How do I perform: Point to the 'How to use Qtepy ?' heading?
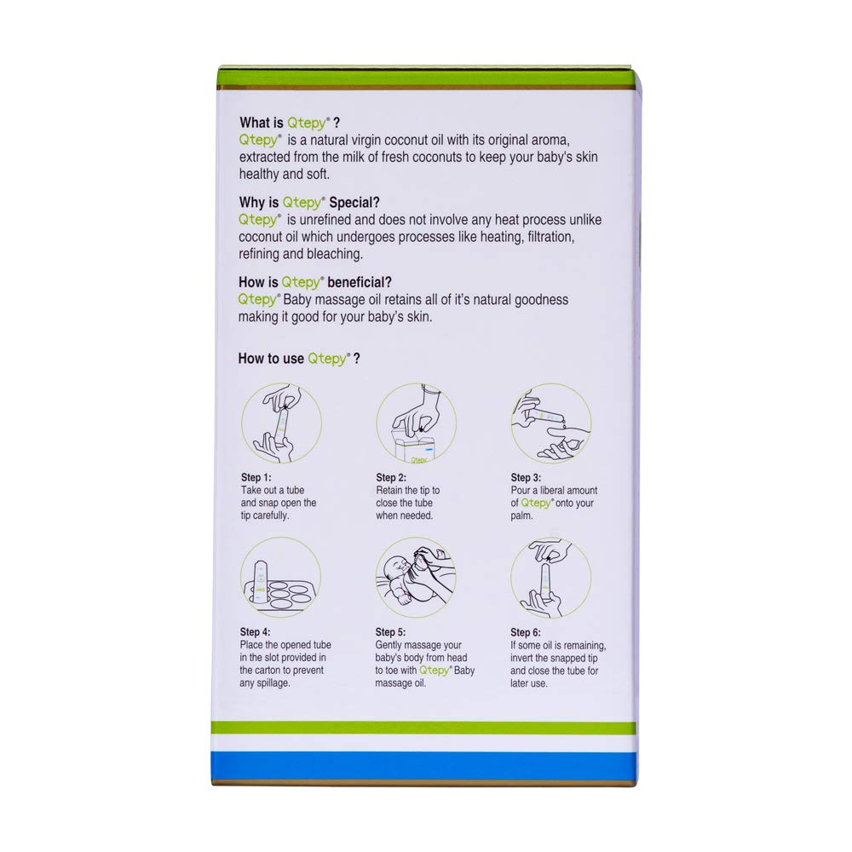[x=299, y=359]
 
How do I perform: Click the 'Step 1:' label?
[x=256, y=478]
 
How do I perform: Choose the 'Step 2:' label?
[x=391, y=478]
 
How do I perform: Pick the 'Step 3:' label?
[x=526, y=478]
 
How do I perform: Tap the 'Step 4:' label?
[x=256, y=632]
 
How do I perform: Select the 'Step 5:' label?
[x=391, y=632]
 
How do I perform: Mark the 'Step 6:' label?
[x=526, y=632]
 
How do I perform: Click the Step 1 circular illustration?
[x=281, y=422]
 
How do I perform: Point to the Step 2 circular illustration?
[x=417, y=423]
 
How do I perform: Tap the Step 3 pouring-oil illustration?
[x=551, y=422]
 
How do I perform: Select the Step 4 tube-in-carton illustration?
[x=281, y=577]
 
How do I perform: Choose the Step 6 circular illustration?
[x=551, y=577]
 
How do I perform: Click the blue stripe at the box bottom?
[x=423, y=763]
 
